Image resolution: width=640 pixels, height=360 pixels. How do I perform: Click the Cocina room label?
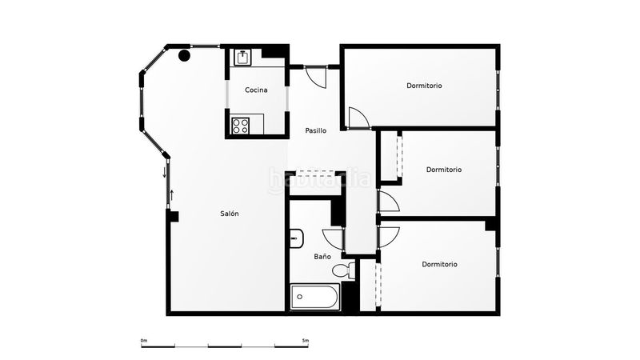pyautogui.click(x=256, y=90)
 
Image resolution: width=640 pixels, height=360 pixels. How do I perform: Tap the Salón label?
pyautogui.click(x=230, y=214)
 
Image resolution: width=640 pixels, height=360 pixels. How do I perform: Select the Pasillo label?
pyautogui.click(x=316, y=130)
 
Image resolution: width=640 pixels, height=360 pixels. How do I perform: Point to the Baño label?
pyautogui.click(x=322, y=256)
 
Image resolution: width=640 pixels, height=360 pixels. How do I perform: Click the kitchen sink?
pyautogui.click(x=243, y=58)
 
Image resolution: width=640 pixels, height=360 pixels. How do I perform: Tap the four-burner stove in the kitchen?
pyautogui.click(x=241, y=126)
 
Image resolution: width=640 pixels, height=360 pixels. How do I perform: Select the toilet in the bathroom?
pyautogui.click(x=343, y=270)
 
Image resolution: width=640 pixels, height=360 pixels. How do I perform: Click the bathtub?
pyautogui.click(x=314, y=297)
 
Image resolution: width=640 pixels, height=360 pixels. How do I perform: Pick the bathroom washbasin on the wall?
pyautogui.click(x=297, y=238)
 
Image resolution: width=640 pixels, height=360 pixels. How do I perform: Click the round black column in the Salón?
pyautogui.click(x=185, y=55)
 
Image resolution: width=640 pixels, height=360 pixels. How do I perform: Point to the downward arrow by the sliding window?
pyautogui.click(x=165, y=172)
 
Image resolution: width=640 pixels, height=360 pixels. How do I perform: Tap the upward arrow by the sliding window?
pyautogui.click(x=172, y=195)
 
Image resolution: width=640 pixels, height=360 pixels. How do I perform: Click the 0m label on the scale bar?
pyautogui.click(x=144, y=341)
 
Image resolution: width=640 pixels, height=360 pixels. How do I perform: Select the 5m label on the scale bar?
pyautogui.click(x=306, y=341)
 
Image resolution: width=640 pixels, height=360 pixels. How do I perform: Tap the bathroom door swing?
pyautogui.click(x=333, y=239)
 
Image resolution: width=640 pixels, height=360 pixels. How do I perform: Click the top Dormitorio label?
pyautogui.click(x=425, y=86)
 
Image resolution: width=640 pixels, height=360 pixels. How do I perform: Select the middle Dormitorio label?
pyautogui.click(x=444, y=170)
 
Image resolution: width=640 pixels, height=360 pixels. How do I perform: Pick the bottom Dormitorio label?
pyautogui.click(x=439, y=264)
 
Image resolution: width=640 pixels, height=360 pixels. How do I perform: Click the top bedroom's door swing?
pyautogui.click(x=359, y=118)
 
